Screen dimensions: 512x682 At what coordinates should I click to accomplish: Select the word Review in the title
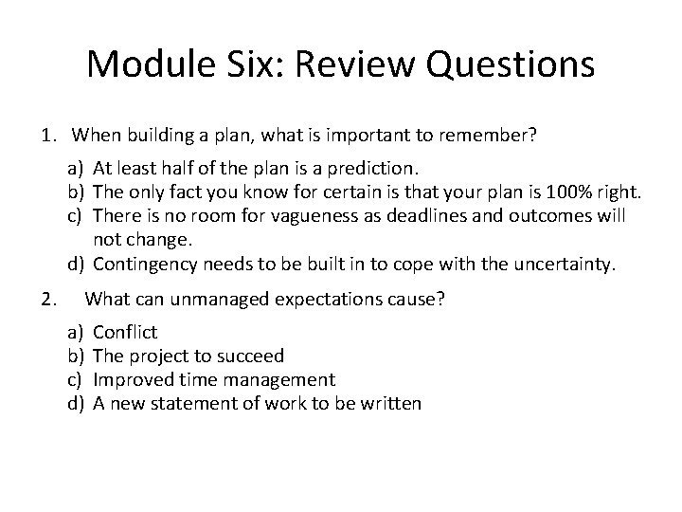(356, 65)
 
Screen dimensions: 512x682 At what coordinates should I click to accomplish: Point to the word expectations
(317, 301)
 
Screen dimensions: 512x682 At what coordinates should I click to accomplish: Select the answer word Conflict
(126, 334)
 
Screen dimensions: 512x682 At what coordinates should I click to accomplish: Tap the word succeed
(251, 357)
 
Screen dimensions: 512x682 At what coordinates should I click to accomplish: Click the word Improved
(133, 380)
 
